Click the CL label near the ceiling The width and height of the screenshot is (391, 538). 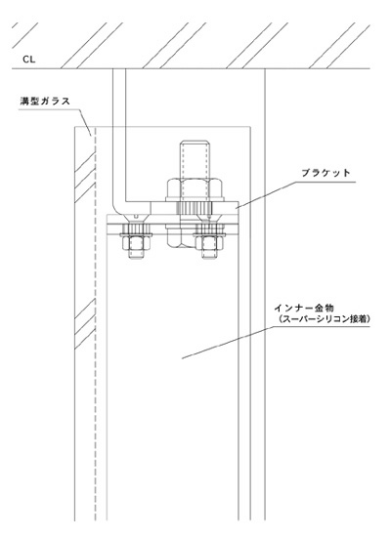[x=29, y=60]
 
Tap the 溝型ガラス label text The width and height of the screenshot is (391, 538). [x=45, y=102]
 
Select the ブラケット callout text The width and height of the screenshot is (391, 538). [x=326, y=173]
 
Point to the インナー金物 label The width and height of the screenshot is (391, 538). [x=304, y=308]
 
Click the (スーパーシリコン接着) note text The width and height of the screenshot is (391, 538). [x=323, y=319]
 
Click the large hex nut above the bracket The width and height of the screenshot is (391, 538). [x=195, y=188]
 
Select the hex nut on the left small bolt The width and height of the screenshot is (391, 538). [x=136, y=242]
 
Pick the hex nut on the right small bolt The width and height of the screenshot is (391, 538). [x=209, y=242]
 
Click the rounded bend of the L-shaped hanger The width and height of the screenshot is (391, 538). [x=117, y=209]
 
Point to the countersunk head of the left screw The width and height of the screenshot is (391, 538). [x=136, y=218]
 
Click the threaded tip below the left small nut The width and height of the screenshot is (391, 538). [x=136, y=254]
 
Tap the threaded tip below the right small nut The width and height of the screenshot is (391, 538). [x=209, y=254]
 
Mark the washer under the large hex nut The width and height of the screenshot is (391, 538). [x=195, y=198]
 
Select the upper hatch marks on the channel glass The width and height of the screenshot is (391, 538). [x=85, y=177]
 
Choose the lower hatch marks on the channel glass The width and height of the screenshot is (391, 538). [x=85, y=323]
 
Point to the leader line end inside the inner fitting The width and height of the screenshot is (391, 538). [x=182, y=359]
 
